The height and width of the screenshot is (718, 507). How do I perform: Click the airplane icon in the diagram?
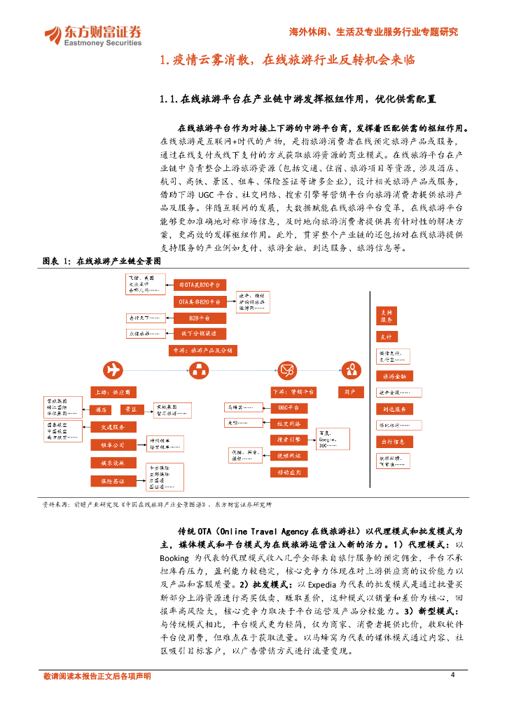112,370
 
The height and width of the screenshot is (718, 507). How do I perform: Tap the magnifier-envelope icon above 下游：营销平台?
287,370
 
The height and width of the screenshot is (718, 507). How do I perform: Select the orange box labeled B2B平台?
199,318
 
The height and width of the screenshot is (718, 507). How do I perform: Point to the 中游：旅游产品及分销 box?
203,350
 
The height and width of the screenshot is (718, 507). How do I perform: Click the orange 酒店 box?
101,409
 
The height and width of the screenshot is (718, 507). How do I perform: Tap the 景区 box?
130,409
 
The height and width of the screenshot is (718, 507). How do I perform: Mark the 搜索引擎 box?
289,440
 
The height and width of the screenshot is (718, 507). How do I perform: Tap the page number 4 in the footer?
452,675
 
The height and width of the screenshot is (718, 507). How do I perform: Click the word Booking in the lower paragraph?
174,557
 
